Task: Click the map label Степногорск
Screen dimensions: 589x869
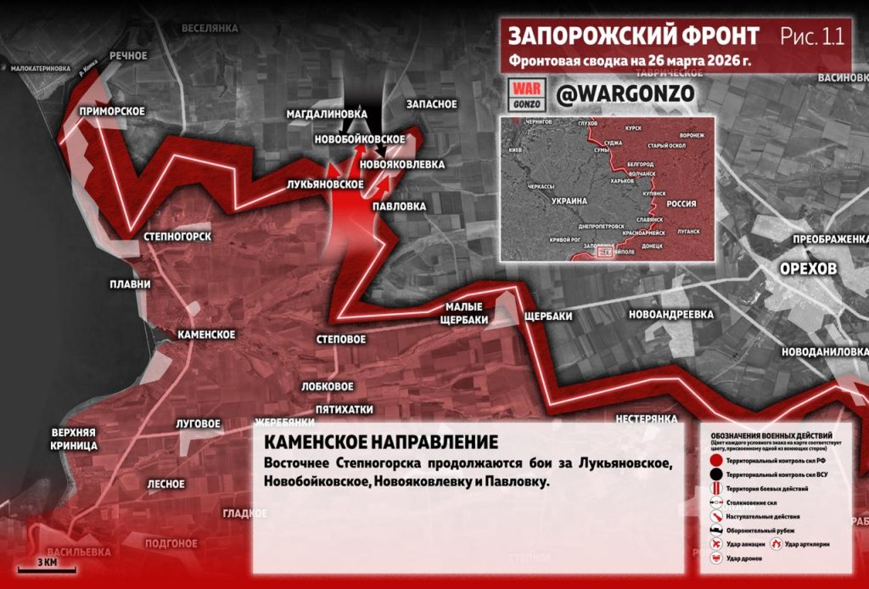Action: pos(177,236)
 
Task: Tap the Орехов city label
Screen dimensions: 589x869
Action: pos(808,268)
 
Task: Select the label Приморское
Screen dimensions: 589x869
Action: pos(111,111)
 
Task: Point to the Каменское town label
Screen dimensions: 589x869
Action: pos(206,334)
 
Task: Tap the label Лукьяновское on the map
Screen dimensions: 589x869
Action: pos(326,183)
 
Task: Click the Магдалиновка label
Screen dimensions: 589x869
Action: pos(338,113)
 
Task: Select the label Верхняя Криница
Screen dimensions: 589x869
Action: pos(73,438)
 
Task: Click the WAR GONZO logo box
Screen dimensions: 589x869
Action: pos(527,94)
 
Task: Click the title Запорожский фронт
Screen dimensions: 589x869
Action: pos(633,36)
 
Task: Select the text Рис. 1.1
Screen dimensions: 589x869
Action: pos(811,36)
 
